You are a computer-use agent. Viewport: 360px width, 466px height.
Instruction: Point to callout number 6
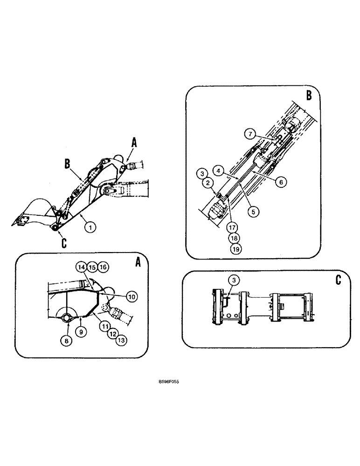280,183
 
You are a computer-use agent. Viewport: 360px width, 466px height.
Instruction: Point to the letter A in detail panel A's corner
138,262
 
